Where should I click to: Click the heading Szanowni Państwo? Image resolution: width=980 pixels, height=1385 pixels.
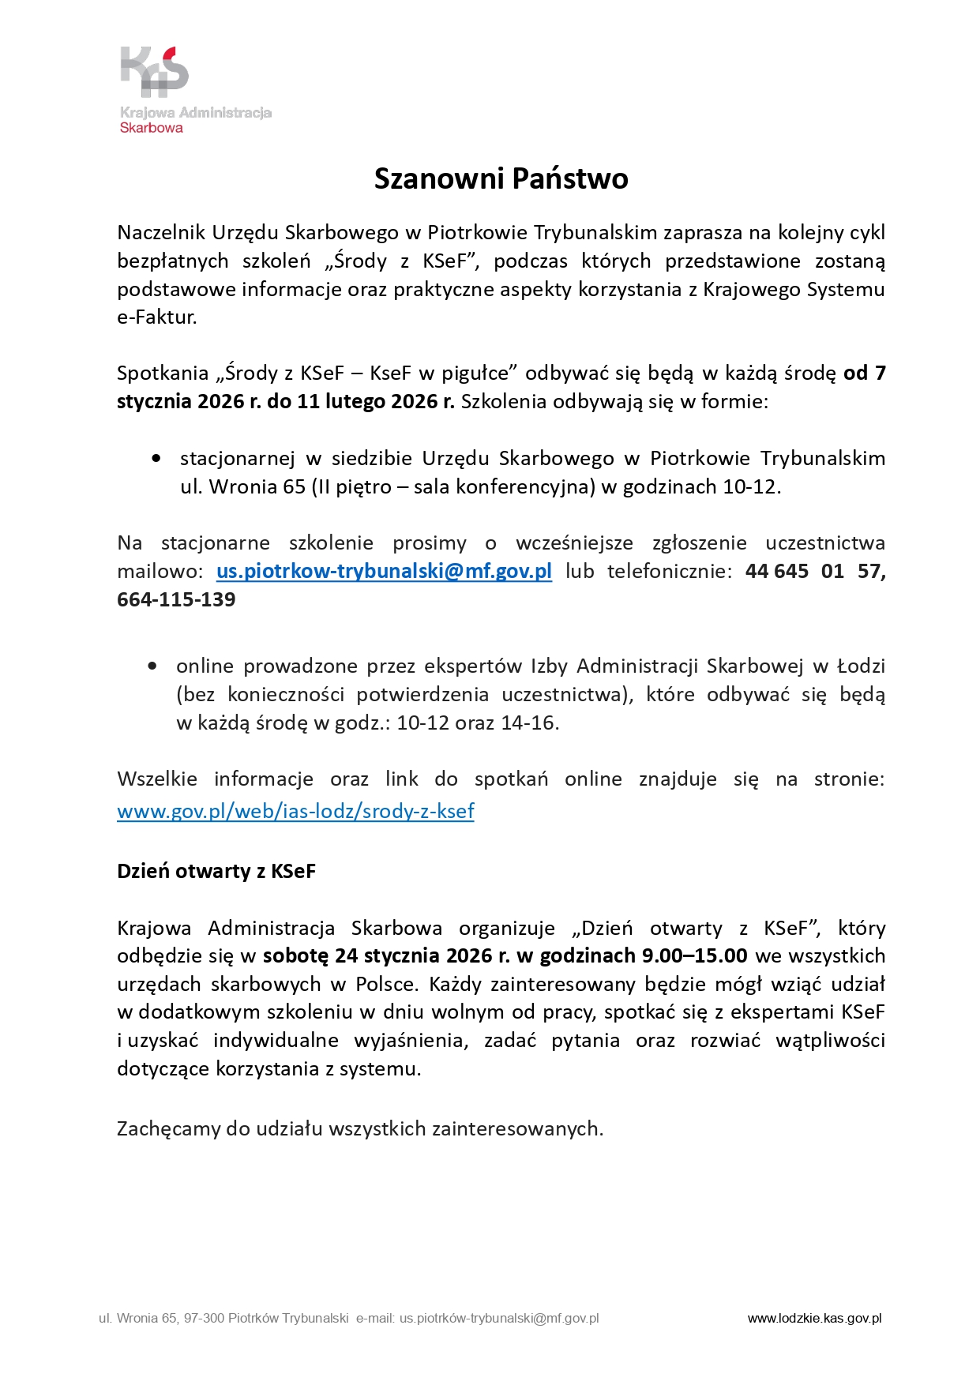point(501,178)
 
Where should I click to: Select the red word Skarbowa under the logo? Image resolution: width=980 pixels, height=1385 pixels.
point(151,128)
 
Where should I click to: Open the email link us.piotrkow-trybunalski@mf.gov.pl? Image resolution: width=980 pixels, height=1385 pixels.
point(384,571)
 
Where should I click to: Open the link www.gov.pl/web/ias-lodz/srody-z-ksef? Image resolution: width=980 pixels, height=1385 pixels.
point(295,811)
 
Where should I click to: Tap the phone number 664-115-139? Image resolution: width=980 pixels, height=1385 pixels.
point(176,599)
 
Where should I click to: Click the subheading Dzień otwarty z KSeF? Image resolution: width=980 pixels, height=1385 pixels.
point(216,871)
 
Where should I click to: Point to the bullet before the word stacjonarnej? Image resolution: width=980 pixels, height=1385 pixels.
point(156,459)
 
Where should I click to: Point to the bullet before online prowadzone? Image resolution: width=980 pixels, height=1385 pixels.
point(152,666)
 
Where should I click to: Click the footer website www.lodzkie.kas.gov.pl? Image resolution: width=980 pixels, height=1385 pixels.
point(814,1318)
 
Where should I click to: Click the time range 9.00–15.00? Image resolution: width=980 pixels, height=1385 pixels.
point(694,955)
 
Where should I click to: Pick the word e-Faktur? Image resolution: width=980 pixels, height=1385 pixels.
point(156,317)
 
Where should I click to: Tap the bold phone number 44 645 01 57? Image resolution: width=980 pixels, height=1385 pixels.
point(815,571)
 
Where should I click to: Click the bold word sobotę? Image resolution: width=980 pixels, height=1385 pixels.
point(295,955)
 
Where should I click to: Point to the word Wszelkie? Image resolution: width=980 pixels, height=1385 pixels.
point(156,779)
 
